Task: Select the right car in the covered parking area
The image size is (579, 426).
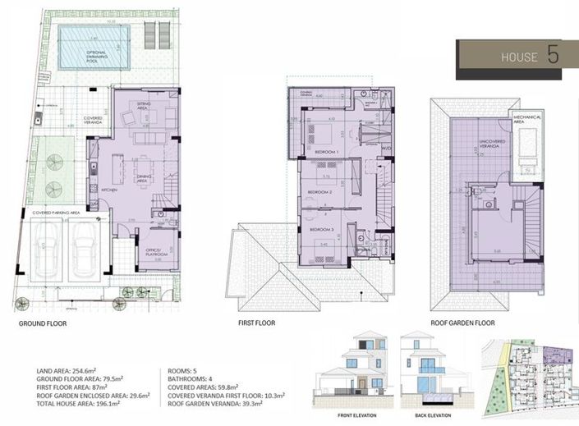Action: pos(85,248)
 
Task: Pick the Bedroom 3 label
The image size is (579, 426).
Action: pos(321,230)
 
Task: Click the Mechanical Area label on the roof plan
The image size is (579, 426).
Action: pos(526,119)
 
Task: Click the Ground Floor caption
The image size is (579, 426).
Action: pos(43,323)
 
